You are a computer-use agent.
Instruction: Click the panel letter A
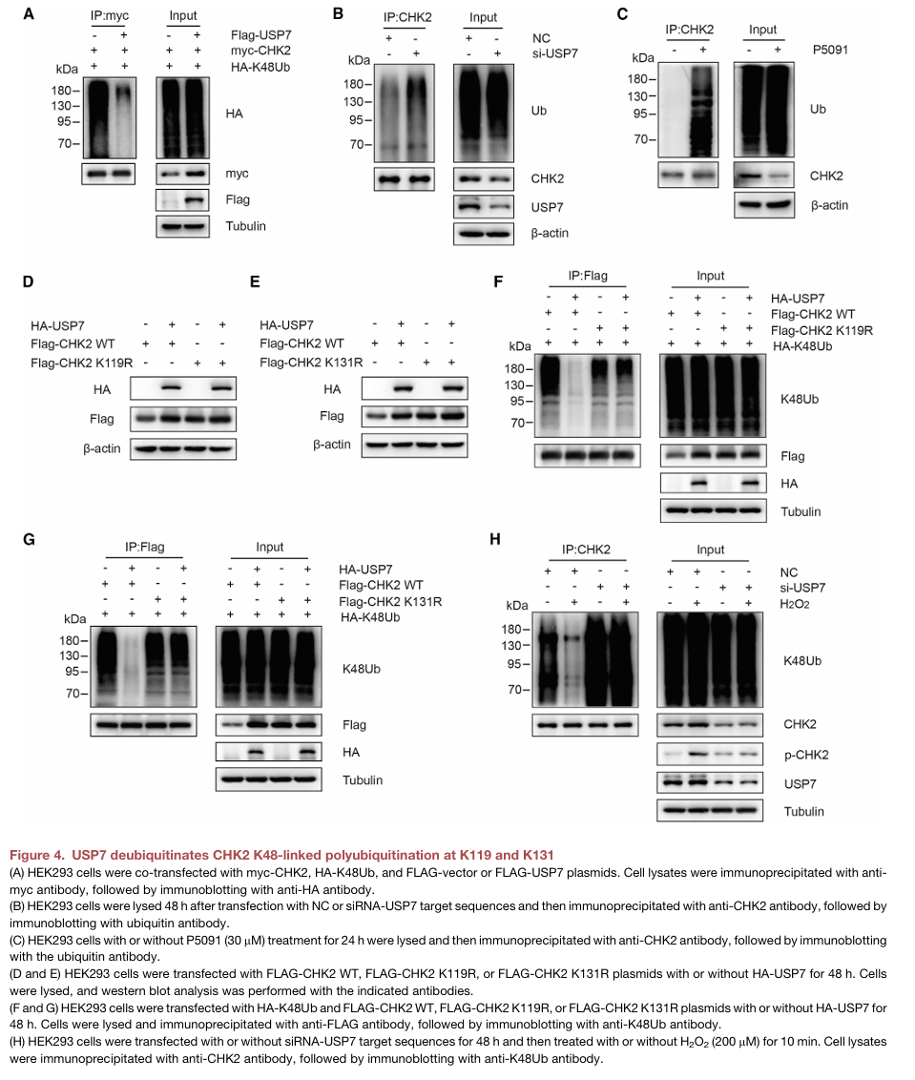(x=29, y=13)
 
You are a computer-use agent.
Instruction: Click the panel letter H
(x=494, y=539)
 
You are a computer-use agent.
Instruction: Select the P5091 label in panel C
(x=829, y=50)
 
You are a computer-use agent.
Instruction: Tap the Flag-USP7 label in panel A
(x=260, y=34)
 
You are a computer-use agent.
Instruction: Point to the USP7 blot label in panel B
(x=547, y=207)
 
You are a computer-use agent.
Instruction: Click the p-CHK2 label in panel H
(x=806, y=755)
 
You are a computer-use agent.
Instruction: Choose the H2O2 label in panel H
(x=795, y=604)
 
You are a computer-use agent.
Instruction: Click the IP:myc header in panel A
(x=110, y=15)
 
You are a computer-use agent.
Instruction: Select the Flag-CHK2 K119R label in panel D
(x=81, y=363)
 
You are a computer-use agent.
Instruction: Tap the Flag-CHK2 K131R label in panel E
(x=311, y=363)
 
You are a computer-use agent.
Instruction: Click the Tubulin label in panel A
(x=245, y=226)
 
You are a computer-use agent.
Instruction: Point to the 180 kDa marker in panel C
(x=636, y=78)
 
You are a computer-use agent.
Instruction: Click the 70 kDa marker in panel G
(x=73, y=694)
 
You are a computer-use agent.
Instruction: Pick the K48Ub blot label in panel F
(x=800, y=399)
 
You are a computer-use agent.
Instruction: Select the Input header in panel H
(x=711, y=550)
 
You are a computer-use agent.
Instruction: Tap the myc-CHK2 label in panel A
(x=260, y=51)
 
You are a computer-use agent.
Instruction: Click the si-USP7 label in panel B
(x=554, y=53)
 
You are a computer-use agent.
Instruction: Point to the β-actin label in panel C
(x=829, y=205)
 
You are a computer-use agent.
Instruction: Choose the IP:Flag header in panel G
(x=145, y=547)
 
